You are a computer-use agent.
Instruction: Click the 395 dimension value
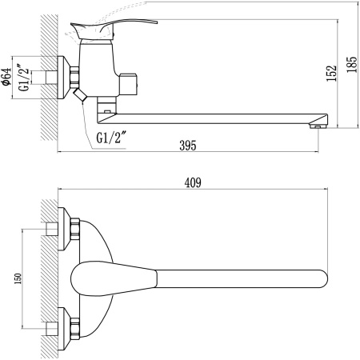pos(186,145)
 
